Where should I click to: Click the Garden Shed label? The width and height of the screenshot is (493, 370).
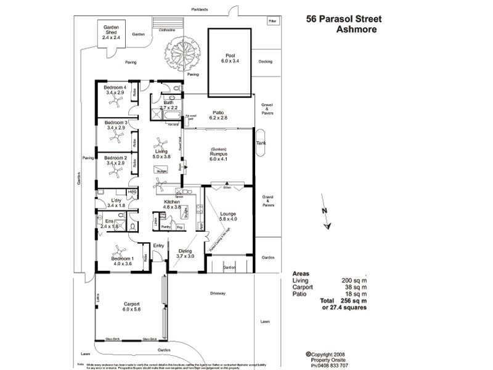[112, 33]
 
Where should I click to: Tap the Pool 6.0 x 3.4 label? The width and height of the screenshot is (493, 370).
[230, 59]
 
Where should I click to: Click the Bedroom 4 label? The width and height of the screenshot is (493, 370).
[115, 91]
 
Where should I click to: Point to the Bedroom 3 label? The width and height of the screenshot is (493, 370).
[116, 125]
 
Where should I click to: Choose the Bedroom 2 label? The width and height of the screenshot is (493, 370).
[116, 161]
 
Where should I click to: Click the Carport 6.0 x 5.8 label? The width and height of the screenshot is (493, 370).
[131, 307]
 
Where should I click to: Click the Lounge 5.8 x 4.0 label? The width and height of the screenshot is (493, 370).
[228, 216]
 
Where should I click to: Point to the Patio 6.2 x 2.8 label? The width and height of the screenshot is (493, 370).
[218, 115]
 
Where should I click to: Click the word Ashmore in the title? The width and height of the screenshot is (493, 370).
[353, 29]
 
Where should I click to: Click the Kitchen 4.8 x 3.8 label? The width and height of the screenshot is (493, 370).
[172, 205]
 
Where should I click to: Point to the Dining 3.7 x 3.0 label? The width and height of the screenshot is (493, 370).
[185, 253]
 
